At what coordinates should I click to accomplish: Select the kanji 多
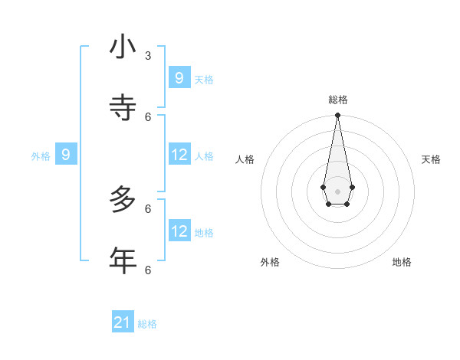(x=123, y=201)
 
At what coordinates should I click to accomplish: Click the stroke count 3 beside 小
(x=148, y=56)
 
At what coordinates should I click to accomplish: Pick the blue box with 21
(x=123, y=322)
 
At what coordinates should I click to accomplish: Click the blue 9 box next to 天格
(x=179, y=77)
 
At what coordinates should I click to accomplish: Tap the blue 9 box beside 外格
(x=66, y=155)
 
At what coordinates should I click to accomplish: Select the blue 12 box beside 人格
(x=179, y=155)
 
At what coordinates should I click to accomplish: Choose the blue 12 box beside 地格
(x=179, y=231)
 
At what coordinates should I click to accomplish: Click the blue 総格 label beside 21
(x=147, y=324)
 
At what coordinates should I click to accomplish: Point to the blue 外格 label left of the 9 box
(x=41, y=156)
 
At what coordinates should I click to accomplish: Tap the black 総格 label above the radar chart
(x=337, y=100)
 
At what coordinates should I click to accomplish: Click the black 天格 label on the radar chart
(x=431, y=159)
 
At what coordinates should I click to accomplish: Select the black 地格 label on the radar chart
(x=402, y=262)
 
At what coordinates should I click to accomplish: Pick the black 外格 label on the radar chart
(x=270, y=262)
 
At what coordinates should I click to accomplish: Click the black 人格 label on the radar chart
(x=245, y=159)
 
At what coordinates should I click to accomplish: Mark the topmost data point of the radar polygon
(x=337, y=115)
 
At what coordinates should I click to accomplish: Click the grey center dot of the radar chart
(x=337, y=191)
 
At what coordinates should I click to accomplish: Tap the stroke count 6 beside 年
(x=148, y=270)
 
